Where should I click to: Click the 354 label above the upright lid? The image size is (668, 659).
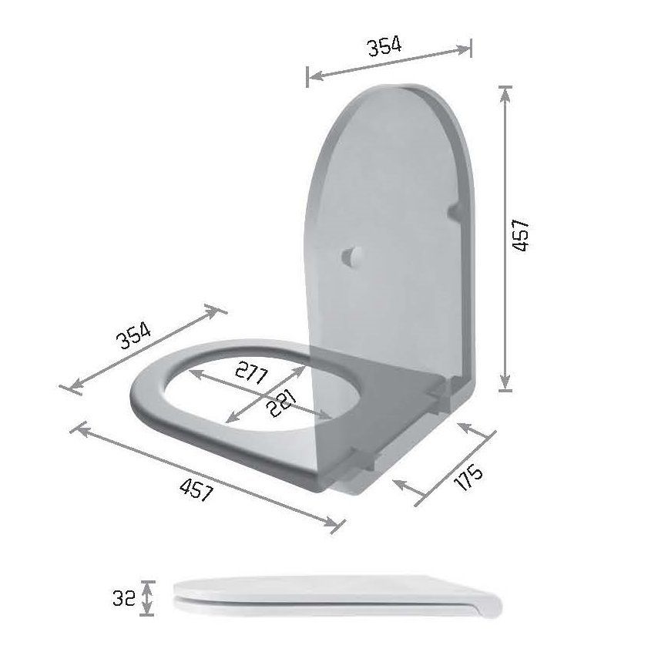384,46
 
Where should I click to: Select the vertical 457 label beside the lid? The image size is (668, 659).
521,235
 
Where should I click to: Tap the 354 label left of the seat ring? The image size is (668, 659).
133,335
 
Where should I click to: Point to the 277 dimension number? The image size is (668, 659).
252,372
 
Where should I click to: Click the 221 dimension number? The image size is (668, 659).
281,403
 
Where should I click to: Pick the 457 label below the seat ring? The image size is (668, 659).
196,489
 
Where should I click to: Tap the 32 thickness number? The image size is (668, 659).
123,598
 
